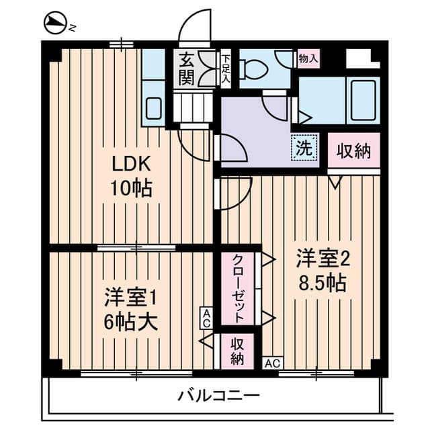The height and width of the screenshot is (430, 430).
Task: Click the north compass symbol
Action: [x=55, y=22]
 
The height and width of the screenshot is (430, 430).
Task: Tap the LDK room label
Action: [x=132, y=164]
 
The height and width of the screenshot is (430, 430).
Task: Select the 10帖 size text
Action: [x=131, y=188]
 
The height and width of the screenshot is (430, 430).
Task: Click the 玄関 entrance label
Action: [x=187, y=69]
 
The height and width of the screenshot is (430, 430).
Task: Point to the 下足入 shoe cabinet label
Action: [x=226, y=69]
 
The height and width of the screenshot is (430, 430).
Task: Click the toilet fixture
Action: [x=253, y=69]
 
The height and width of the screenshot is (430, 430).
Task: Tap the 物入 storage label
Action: [x=309, y=58]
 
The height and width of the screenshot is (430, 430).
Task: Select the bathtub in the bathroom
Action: [x=363, y=100]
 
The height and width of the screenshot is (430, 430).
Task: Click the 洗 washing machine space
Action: [x=304, y=148]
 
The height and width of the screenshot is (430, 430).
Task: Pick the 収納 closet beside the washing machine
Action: [x=354, y=150]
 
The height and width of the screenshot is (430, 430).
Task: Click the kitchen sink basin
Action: [x=153, y=108]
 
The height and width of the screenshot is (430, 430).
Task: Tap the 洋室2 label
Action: [x=322, y=258]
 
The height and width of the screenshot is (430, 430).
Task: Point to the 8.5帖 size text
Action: [x=322, y=282]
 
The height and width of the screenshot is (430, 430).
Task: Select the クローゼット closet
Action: [x=238, y=288]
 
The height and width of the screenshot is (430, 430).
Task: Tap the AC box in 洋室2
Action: [x=273, y=363]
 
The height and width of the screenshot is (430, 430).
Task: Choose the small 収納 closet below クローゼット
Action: [x=237, y=351]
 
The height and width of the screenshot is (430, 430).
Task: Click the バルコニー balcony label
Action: [x=218, y=396]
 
